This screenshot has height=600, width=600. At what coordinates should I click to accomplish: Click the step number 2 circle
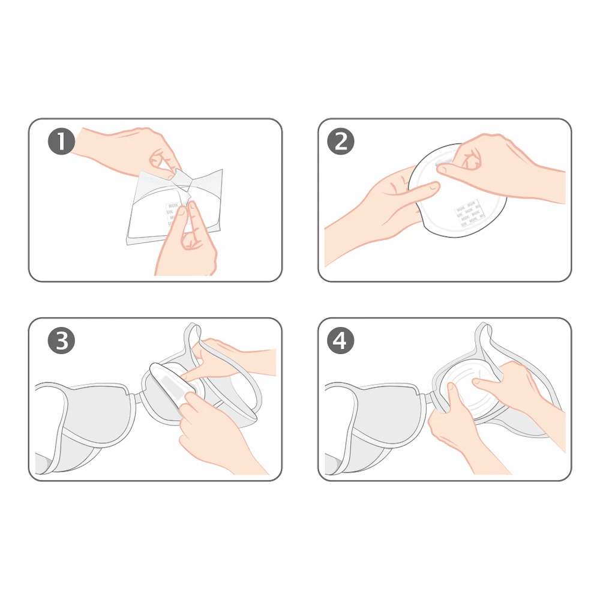[341, 142]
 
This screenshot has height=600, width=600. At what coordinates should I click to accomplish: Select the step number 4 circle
[341, 342]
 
